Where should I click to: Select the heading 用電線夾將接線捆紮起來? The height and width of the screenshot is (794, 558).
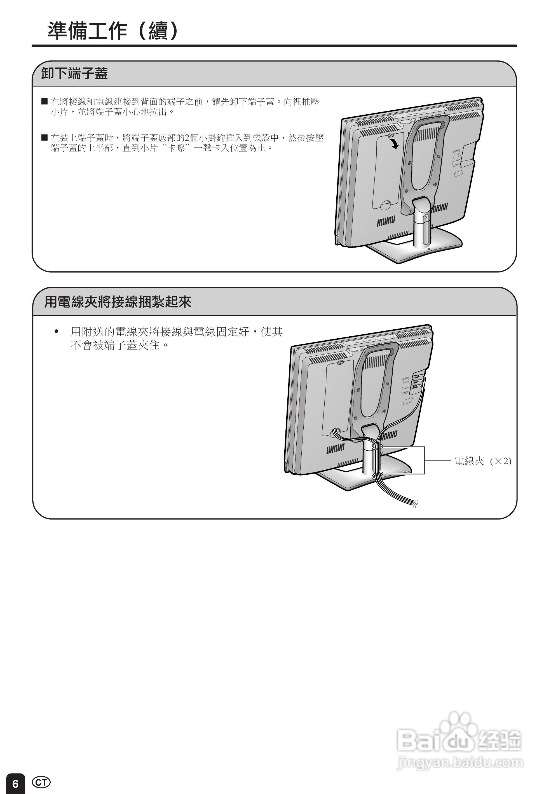[118, 302]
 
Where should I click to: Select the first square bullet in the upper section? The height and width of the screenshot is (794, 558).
[44, 101]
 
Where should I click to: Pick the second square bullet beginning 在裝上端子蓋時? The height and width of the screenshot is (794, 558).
[44, 138]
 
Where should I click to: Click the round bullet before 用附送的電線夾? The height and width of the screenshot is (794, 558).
[57, 332]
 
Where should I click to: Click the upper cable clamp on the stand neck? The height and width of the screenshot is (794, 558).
[376, 448]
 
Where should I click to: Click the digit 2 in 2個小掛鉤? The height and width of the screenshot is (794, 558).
[187, 138]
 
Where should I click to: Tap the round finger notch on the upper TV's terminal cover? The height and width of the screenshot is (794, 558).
[385, 205]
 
